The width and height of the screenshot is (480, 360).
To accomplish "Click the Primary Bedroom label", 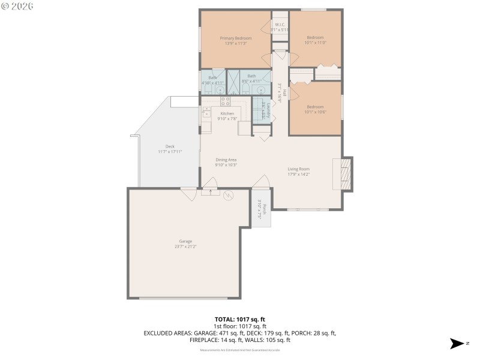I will click(x=235, y=38).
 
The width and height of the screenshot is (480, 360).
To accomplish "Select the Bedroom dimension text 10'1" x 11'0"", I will click(x=315, y=43).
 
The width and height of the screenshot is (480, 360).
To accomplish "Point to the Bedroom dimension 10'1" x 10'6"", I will click(x=315, y=112).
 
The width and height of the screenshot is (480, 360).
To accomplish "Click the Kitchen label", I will click(x=227, y=113).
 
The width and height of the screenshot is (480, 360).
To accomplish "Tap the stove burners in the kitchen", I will click(x=225, y=101).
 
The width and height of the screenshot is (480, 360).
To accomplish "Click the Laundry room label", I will click(x=268, y=110).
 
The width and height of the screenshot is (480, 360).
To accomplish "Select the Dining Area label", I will click(x=227, y=160).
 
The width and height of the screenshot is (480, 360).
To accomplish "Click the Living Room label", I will click(x=298, y=169).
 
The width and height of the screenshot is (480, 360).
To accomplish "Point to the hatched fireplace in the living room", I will click(x=344, y=174).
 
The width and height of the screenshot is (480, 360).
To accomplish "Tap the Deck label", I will click(x=170, y=146).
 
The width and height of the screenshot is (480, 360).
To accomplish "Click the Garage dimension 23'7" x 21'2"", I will click(x=185, y=246).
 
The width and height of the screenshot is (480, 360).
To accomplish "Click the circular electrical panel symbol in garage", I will click(x=228, y=194).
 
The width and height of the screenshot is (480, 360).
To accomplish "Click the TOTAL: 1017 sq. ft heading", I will click(x=240, y=319).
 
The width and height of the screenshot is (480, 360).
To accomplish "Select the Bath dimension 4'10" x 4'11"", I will click(x=216, y=82).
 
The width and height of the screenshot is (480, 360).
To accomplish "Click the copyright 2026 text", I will click(x=17, y=5).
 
